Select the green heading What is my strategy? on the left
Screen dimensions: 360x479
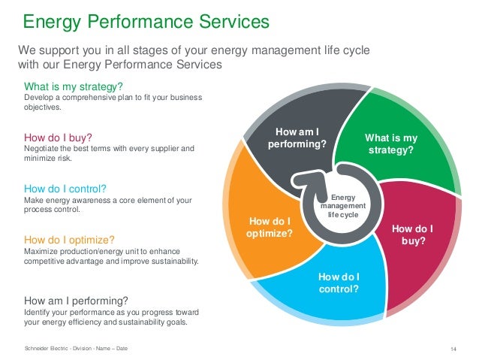click(x=74, y=86)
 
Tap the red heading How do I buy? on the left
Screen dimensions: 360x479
click(x=59, y=138)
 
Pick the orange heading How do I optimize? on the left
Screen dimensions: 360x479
click(x=69, y=241)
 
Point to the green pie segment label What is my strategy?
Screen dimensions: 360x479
click(x=390, y=144)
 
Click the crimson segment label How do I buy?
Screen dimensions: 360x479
click(x=413, y=235)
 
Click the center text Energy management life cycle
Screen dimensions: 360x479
click(x=342, y=204)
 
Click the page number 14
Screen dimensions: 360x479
click(x=453, y=347)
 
